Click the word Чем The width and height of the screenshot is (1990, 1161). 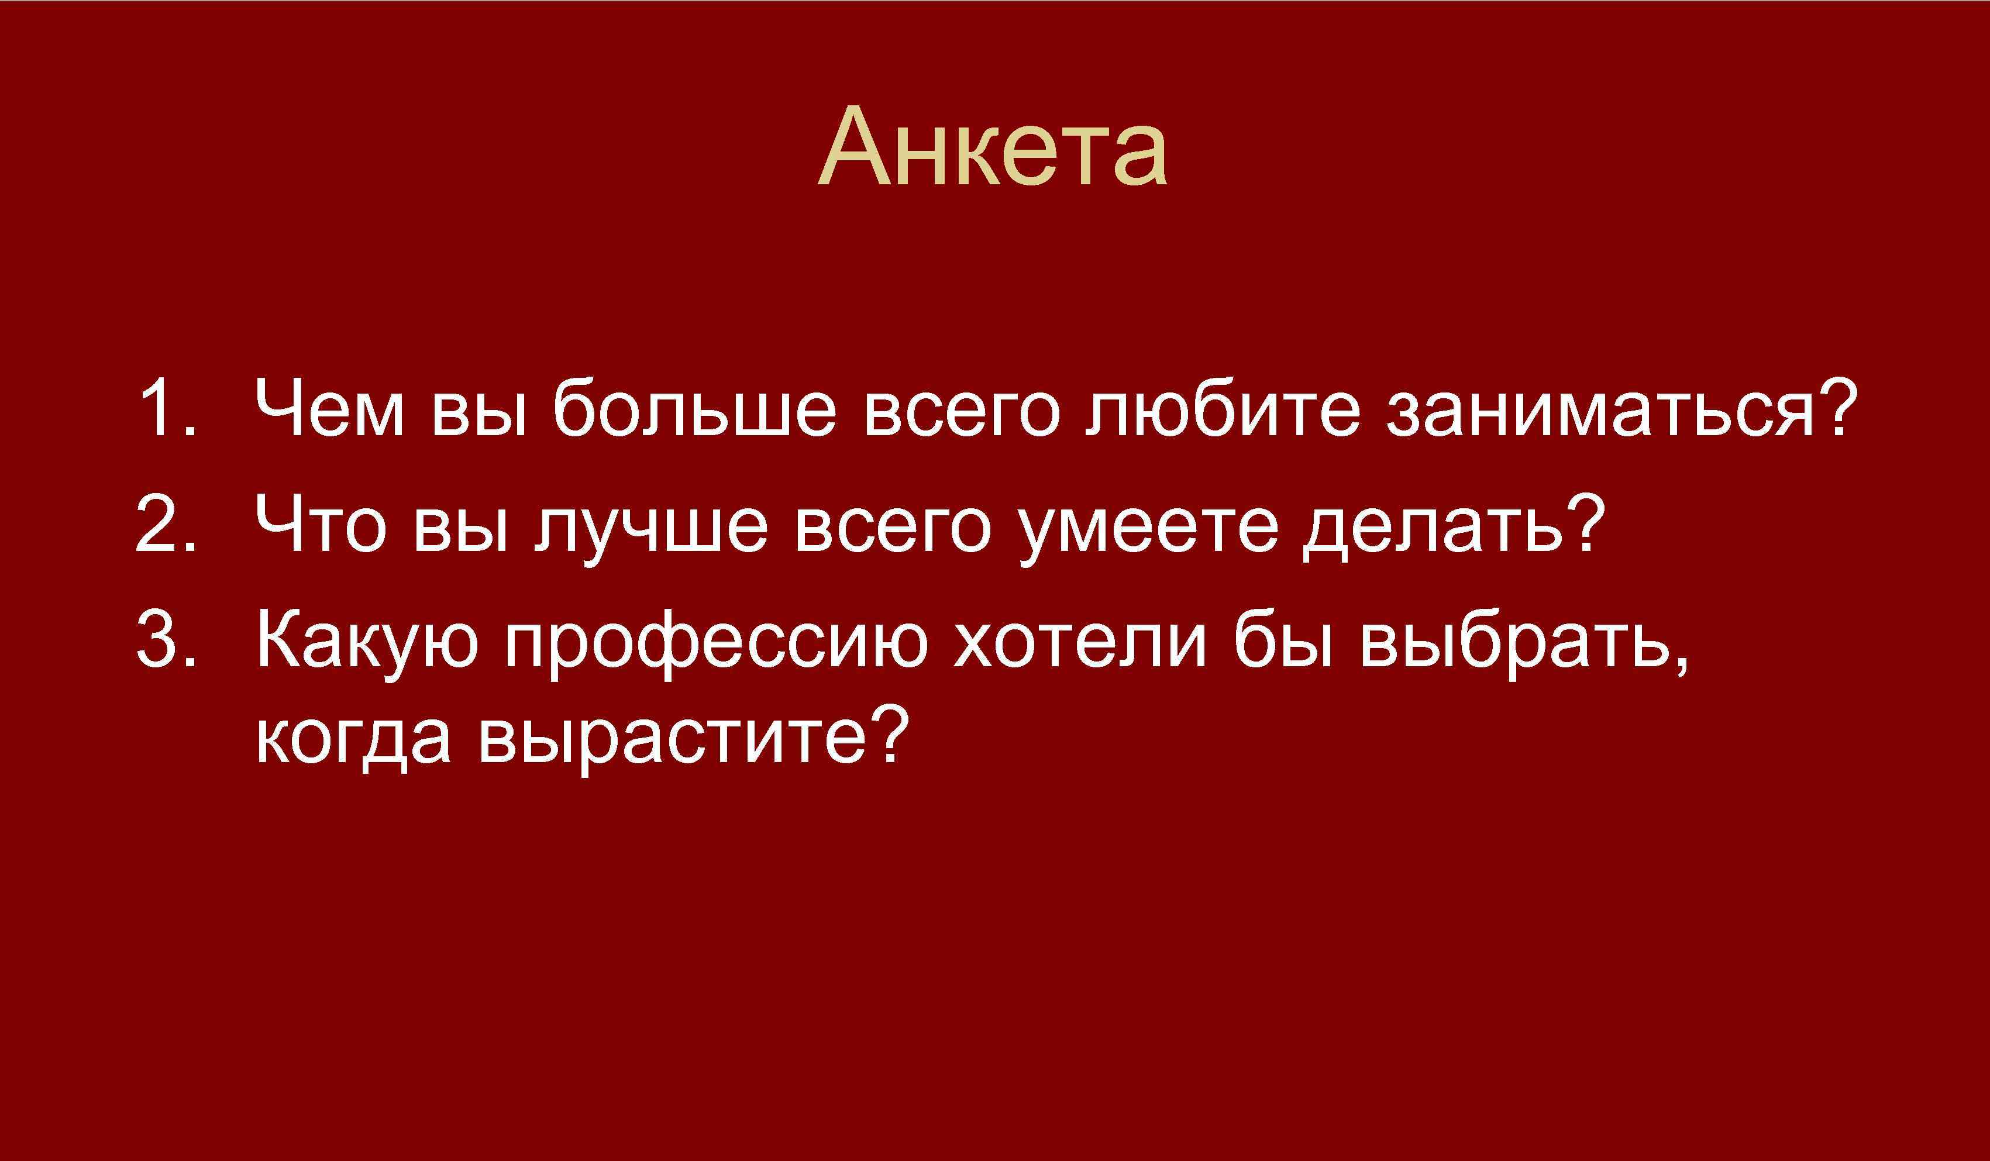tap(330, 409)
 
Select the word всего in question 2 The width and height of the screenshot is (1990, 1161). tap(893, 525)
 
